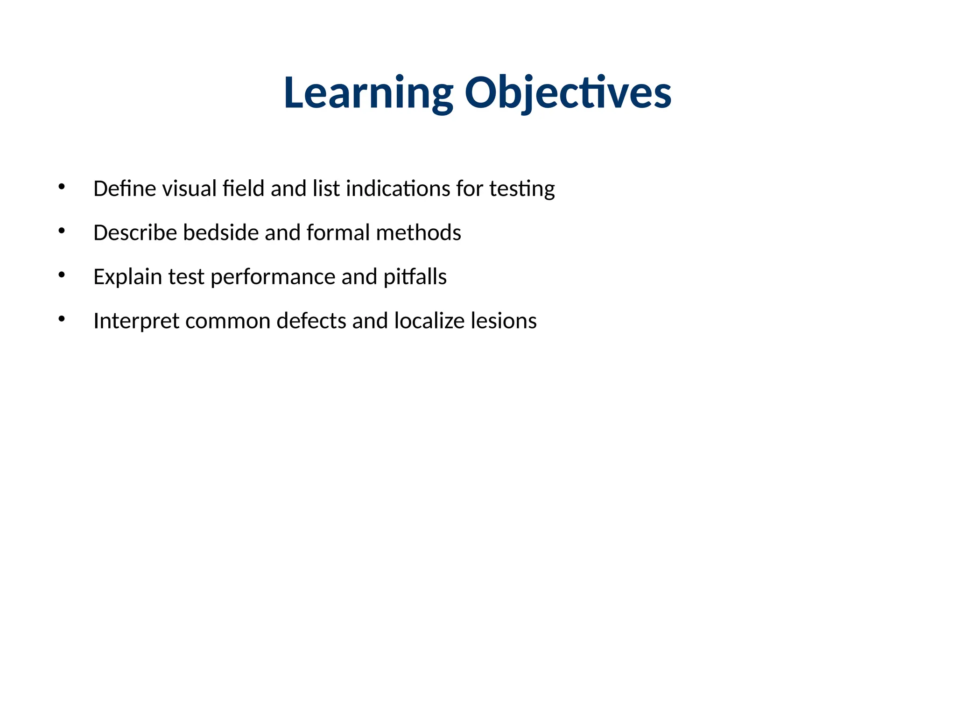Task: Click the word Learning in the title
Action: pos(368,93)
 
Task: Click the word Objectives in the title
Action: pos(568,93)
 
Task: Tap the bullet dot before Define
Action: pos(61,187)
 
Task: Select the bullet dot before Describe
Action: pos(61,231)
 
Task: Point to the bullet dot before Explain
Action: pos(61,275)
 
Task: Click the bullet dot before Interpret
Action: pos(61,319)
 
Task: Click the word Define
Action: pos(124,189)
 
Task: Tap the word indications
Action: pos(398,189)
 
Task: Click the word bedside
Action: pos(221,232)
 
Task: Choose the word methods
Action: pos(418,232)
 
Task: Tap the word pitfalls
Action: pos(415,277)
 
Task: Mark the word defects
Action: pos(311,321)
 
